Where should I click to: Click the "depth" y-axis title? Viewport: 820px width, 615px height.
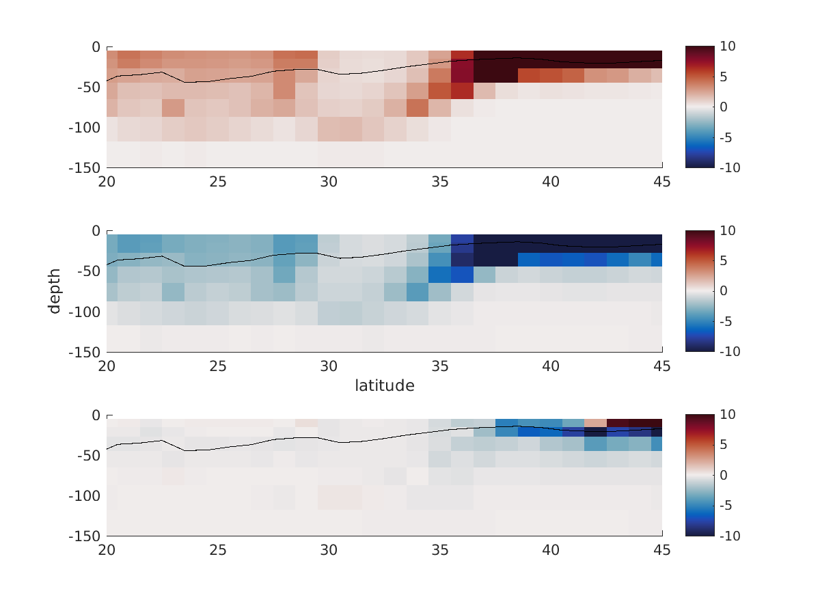54,291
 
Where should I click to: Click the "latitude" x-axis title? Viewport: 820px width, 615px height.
384,386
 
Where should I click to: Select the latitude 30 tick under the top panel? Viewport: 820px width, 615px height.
329,182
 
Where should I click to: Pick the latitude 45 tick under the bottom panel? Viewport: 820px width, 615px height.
661,550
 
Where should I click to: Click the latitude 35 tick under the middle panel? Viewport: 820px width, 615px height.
440,366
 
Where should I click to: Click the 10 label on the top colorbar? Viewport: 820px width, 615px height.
726,46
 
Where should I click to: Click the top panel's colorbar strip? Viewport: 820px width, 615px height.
700,107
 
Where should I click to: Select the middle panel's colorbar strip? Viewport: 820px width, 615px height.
700,291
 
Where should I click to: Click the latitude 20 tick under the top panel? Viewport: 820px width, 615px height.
107,182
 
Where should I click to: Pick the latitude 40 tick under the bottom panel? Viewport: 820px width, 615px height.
551,550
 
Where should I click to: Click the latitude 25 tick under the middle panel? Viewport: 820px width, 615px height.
218,366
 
